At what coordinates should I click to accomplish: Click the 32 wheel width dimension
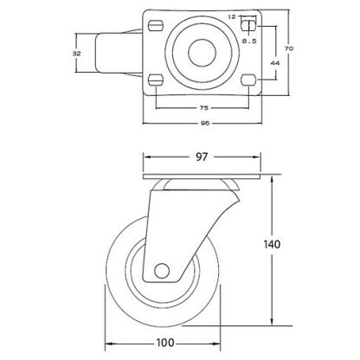[x=77, y=54]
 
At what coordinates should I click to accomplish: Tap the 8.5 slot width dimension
[x=247, y=40]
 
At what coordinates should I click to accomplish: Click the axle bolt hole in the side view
[x=162, y=272]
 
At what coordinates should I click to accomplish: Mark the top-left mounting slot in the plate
[x=157, y=22]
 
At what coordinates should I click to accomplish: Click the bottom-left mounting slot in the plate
[x=157, y=80]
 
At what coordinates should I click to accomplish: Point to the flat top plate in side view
[x=200, y=179]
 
